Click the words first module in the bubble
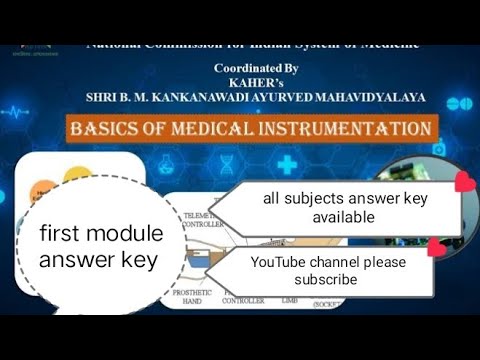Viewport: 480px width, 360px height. (100, 236)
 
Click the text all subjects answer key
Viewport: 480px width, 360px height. (345, 199)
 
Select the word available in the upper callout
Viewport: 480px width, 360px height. (345, 217)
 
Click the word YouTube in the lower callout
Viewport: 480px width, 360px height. (282, 262)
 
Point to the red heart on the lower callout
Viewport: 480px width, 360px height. (435, 246)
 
